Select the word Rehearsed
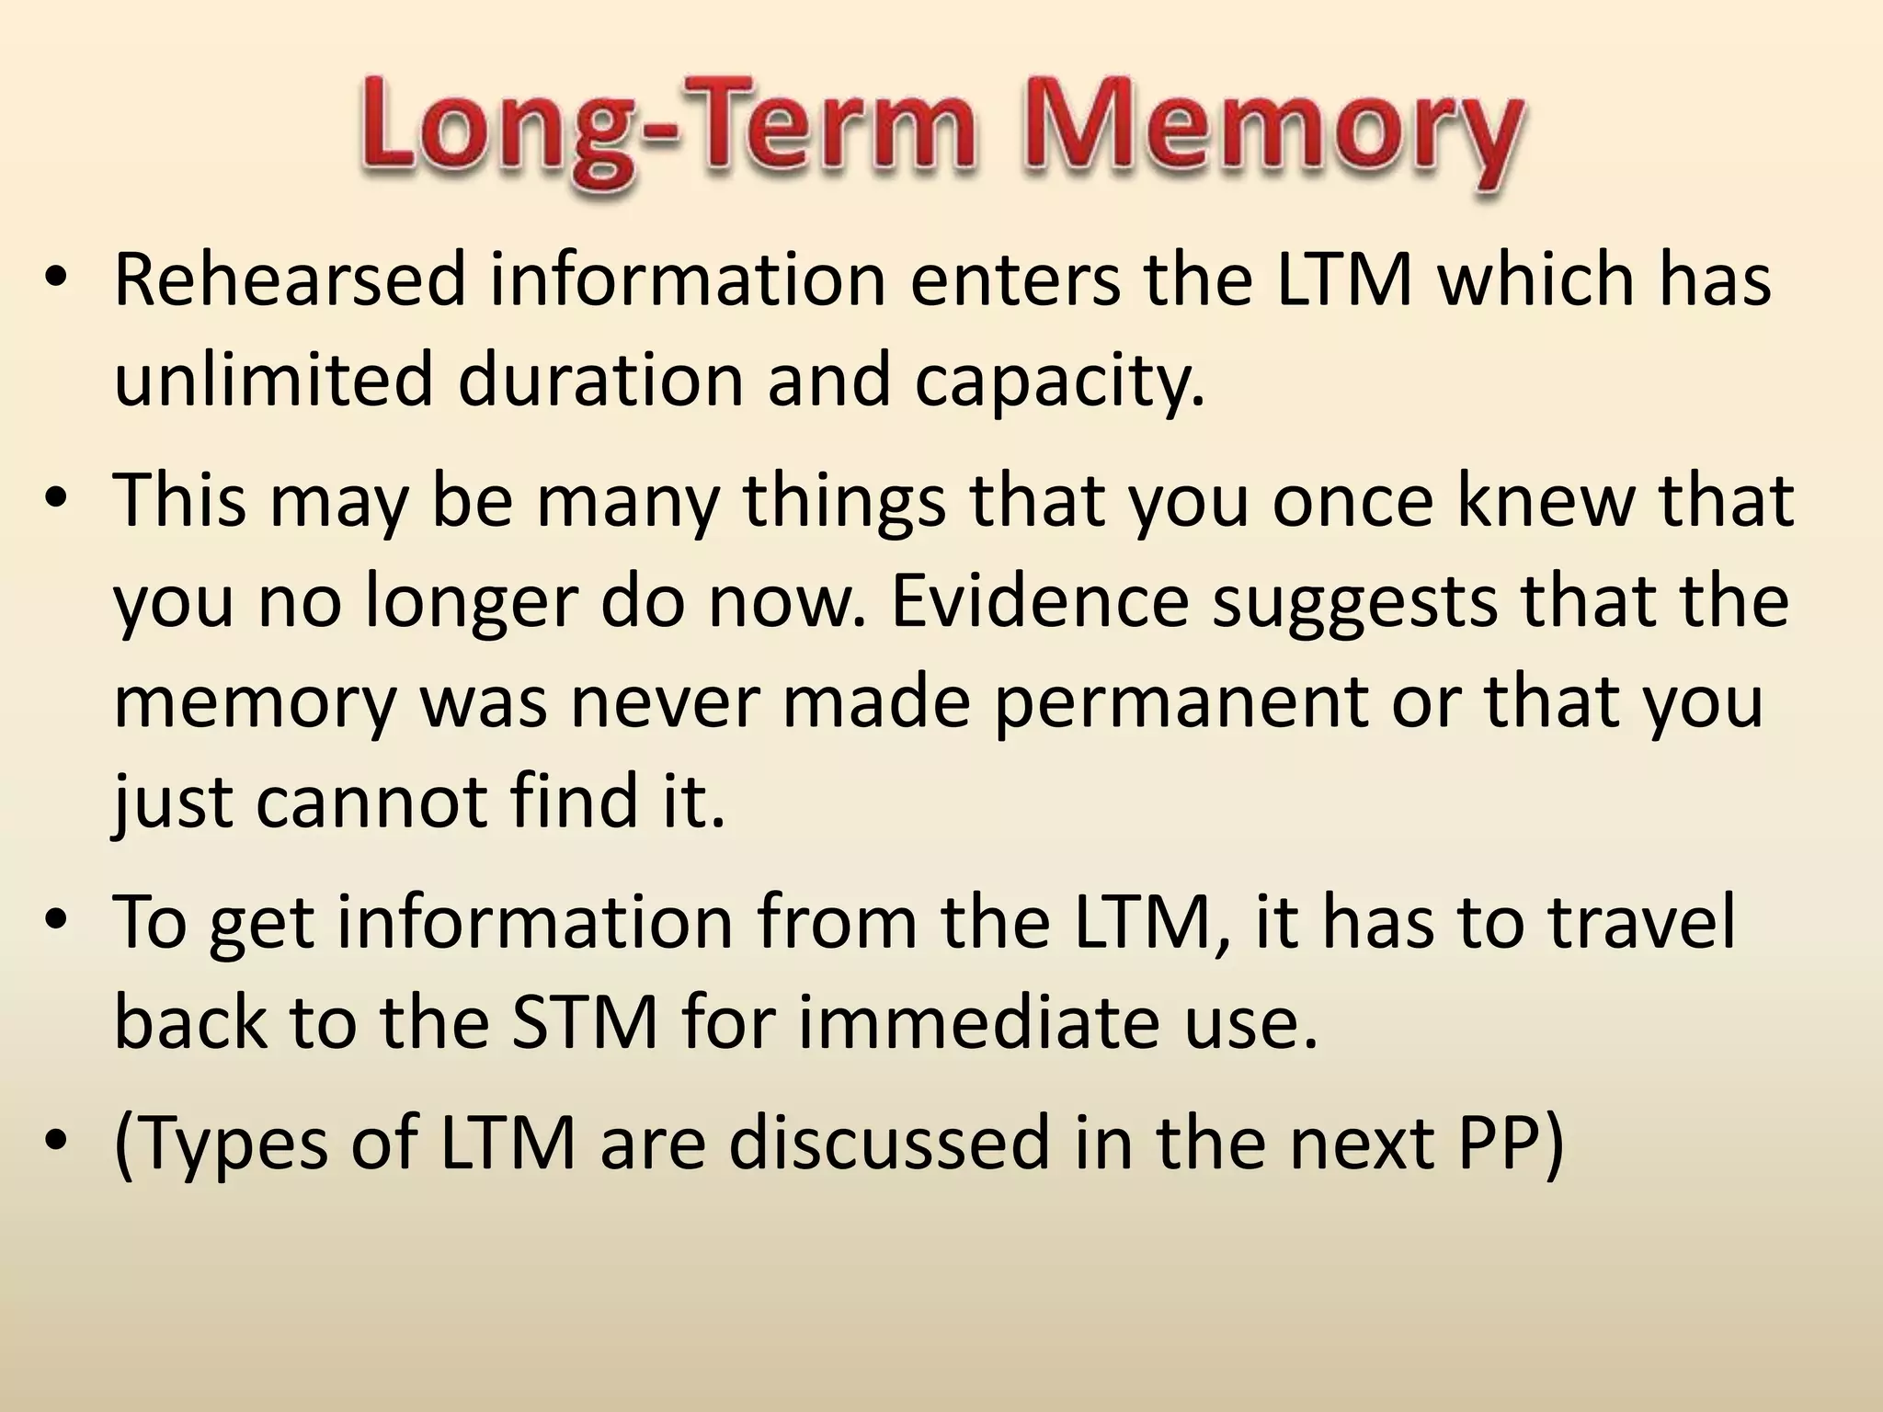pos(291,279)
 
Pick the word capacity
pos(1058,382)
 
